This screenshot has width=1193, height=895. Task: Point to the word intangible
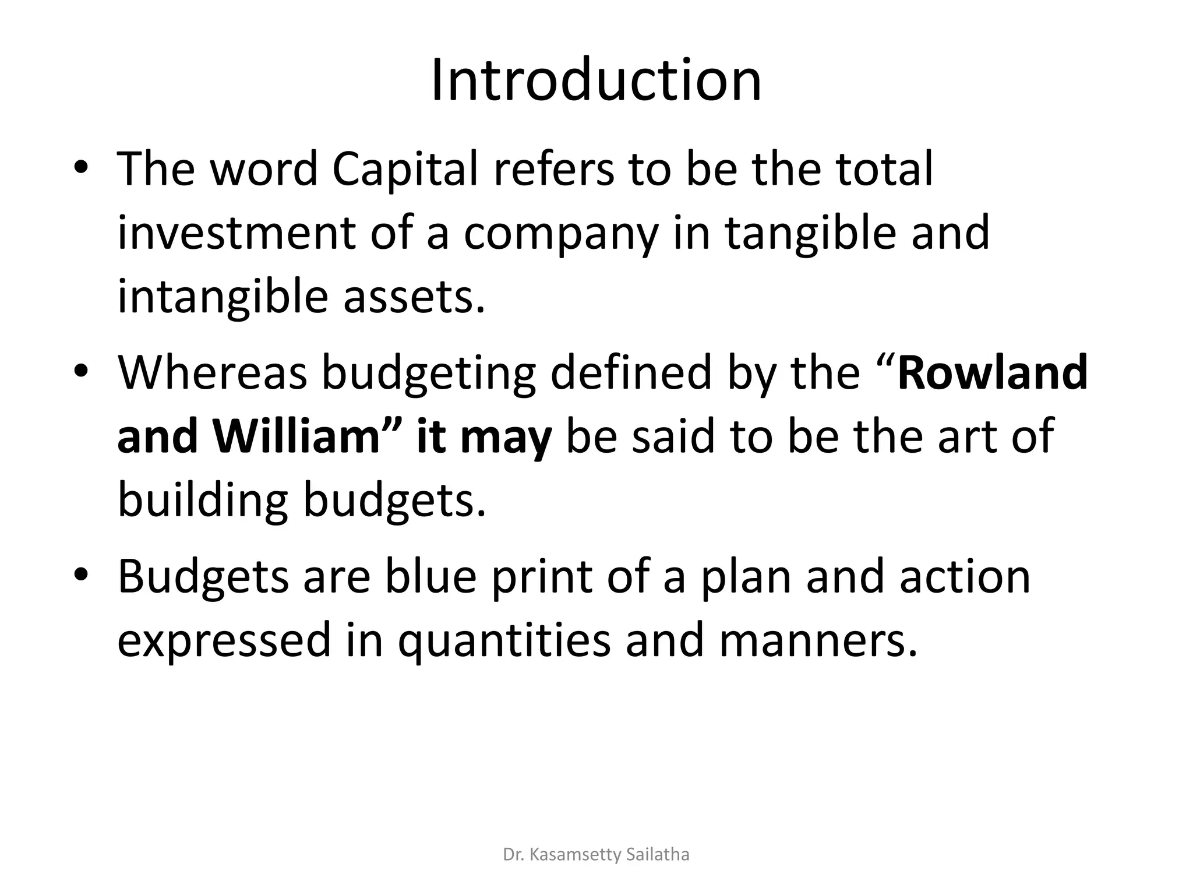pyautogui.click(x=223, y=297)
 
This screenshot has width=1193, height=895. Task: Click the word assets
pyautogui.click(x=414, y=297)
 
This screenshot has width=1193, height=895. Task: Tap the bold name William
pyautogui.click(x=297, y=437)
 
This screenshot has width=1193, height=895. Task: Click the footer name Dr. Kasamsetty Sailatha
pyautogui.click(x=596, y=855)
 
